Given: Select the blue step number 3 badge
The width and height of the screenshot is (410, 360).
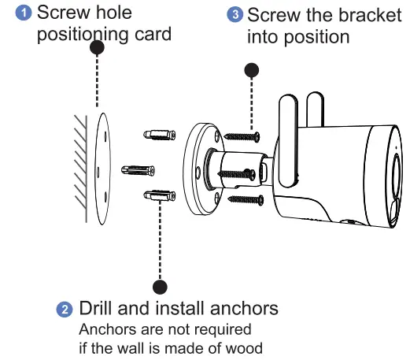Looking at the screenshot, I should [235, 15].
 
